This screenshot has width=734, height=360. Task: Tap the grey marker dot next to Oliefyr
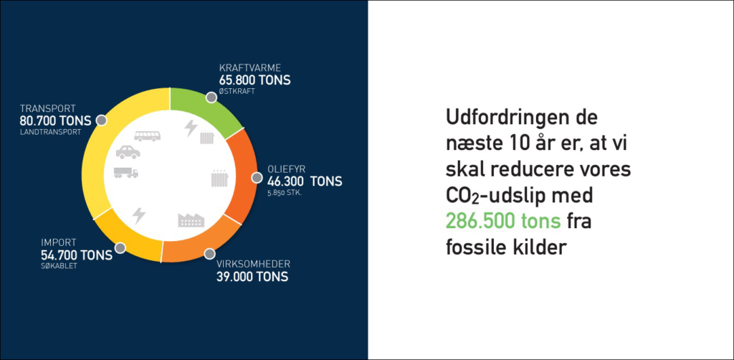[257, 178]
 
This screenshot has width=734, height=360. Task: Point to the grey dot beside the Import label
[120, 247]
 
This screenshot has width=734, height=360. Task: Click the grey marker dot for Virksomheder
[209, 254]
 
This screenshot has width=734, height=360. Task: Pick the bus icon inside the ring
[148, 136]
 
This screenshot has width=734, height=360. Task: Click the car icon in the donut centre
[128, 152]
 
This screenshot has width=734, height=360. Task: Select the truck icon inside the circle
[126, 173]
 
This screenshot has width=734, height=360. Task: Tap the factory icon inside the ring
[191, 220]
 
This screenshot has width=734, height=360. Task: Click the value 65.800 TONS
[254, 80]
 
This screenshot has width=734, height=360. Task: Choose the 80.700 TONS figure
[56, 120]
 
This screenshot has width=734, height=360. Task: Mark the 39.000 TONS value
[252, 277]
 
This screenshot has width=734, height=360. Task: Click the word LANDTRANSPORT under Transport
[50, 133]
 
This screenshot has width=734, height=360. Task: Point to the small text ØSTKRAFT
[237, 92]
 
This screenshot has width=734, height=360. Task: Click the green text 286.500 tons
[503, 222]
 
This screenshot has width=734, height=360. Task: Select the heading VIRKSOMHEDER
[253, 263]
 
